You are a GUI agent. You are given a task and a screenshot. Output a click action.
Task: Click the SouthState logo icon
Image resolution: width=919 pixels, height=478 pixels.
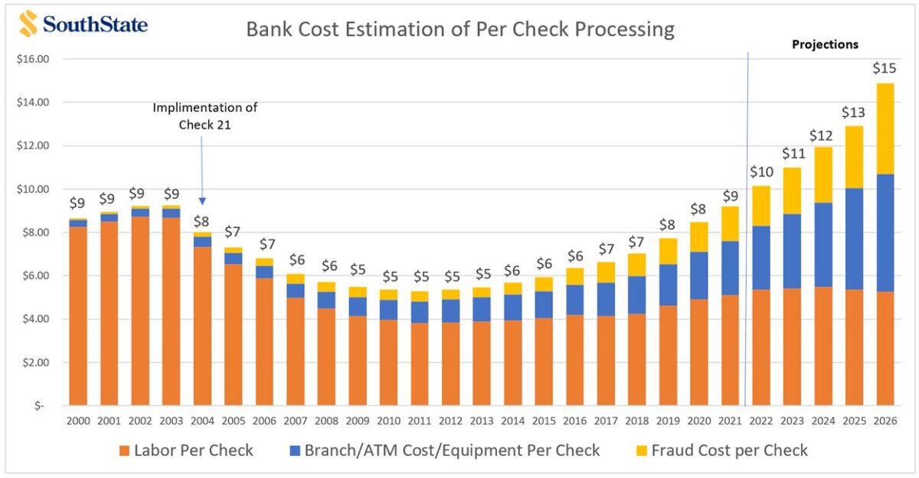(28, 24)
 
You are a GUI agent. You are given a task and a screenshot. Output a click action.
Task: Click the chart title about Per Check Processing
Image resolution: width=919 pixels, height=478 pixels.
(459, 30)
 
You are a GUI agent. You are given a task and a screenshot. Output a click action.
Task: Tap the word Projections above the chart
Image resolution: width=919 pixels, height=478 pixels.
(824, 44)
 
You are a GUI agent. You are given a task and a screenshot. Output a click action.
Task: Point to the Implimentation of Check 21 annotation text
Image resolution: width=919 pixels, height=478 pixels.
(204, 115)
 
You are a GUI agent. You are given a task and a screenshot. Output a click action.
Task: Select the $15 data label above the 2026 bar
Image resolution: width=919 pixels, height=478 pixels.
(885, 69)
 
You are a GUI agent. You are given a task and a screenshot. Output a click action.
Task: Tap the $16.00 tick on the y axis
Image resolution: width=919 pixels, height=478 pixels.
(32, 59)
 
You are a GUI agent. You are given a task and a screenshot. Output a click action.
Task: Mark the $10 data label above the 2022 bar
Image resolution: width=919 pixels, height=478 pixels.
(760, 171)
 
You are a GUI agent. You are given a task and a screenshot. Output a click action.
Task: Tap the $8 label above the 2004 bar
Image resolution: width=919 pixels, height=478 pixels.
(202, 222)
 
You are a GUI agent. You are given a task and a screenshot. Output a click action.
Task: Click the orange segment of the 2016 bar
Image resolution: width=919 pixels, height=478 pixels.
(574, 359)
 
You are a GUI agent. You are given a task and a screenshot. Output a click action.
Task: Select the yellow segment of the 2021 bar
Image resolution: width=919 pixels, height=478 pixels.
(730, 223)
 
